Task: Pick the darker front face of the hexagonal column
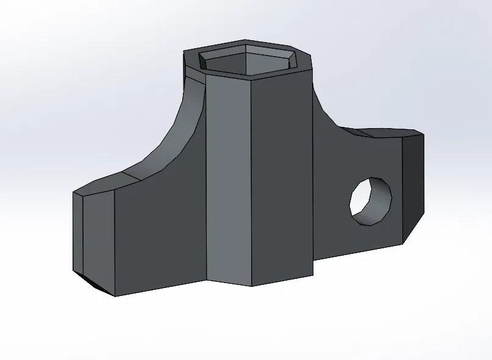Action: (282, 177)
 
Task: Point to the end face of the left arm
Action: (77, 232)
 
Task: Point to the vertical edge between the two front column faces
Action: (252, 183)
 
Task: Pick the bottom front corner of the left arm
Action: (115, 296)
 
